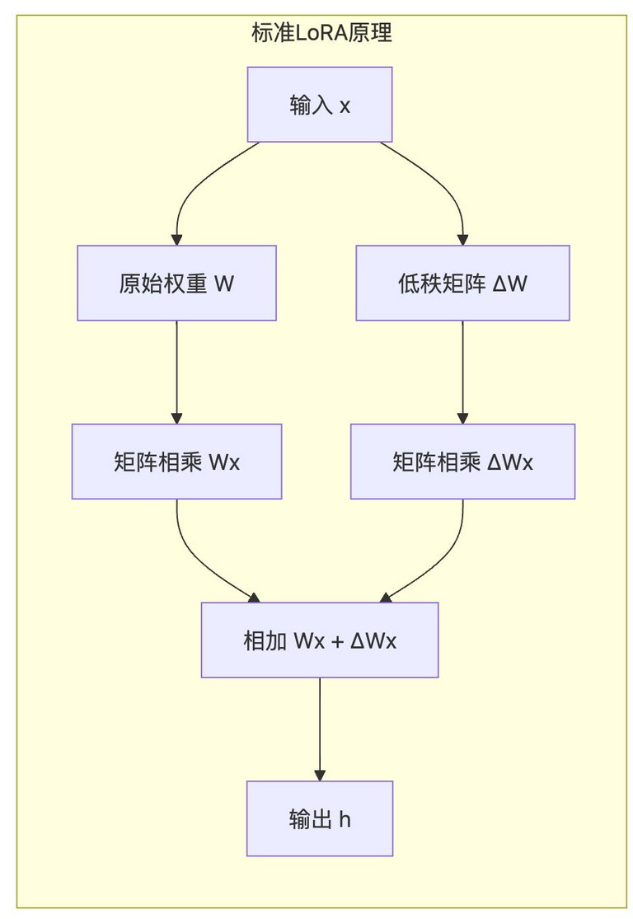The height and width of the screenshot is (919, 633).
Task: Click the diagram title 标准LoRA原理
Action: click(321, 32)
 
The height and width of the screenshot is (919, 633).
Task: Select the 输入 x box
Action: click(320, 105)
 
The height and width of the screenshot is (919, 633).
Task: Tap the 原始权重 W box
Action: click(176, 283)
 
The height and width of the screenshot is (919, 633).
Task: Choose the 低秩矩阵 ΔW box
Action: click(462, 283)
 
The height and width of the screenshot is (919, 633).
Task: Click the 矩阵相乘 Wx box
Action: click(176, 462)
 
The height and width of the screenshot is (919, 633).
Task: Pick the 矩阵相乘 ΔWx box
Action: click(462, 462)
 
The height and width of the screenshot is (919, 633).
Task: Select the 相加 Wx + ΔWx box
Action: click(320, 640)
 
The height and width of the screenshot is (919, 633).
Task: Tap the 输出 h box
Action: click(320, 818)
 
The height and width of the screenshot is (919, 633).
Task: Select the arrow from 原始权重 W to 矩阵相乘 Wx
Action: click(176, 373)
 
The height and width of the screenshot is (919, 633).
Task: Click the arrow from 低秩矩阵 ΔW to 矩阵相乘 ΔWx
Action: click(462, 373)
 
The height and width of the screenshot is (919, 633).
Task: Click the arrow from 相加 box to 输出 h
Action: click(320, 729)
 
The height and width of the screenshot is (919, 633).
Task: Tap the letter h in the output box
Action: click(345, 818)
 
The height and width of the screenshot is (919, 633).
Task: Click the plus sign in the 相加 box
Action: click(337, 641)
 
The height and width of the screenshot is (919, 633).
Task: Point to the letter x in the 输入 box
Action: click(345, 106)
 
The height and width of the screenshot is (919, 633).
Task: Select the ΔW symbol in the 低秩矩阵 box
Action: click(510, 284)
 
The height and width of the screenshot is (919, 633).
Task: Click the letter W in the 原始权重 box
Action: click(224, 284)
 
